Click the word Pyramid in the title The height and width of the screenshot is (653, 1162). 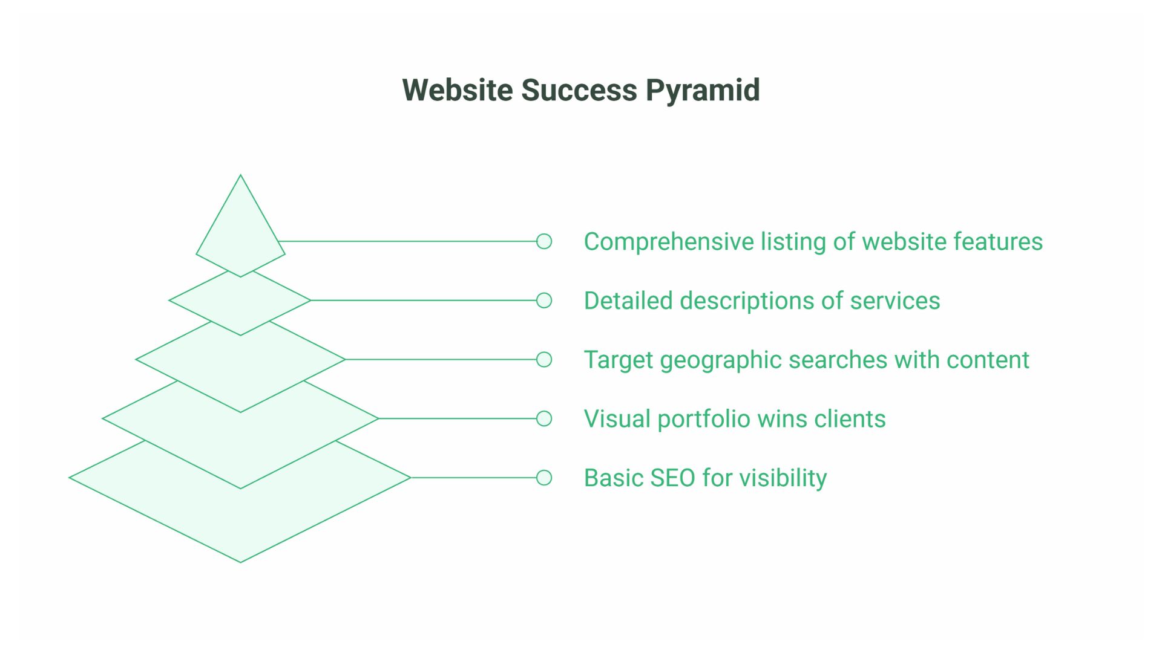click(x=702, y=91)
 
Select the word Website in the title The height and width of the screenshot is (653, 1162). click(x=458, y=91)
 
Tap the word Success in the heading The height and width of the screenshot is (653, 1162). click(x=579, y=91)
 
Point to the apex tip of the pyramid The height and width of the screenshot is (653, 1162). click(x=240, y=176)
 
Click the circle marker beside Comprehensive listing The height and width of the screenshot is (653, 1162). click(x=544, y=241)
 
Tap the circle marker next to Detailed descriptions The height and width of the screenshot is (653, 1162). click(x=544, y=301)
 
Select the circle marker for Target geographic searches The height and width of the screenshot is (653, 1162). click(x=544, y=360)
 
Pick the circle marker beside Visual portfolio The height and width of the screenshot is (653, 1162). click(x=544, y=418)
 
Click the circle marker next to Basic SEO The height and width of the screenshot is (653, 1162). click(x=544, y=478)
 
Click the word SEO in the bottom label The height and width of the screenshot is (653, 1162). click(x=672, y=478)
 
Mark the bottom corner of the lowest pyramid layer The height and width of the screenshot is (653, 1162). click(x=240, y=562)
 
